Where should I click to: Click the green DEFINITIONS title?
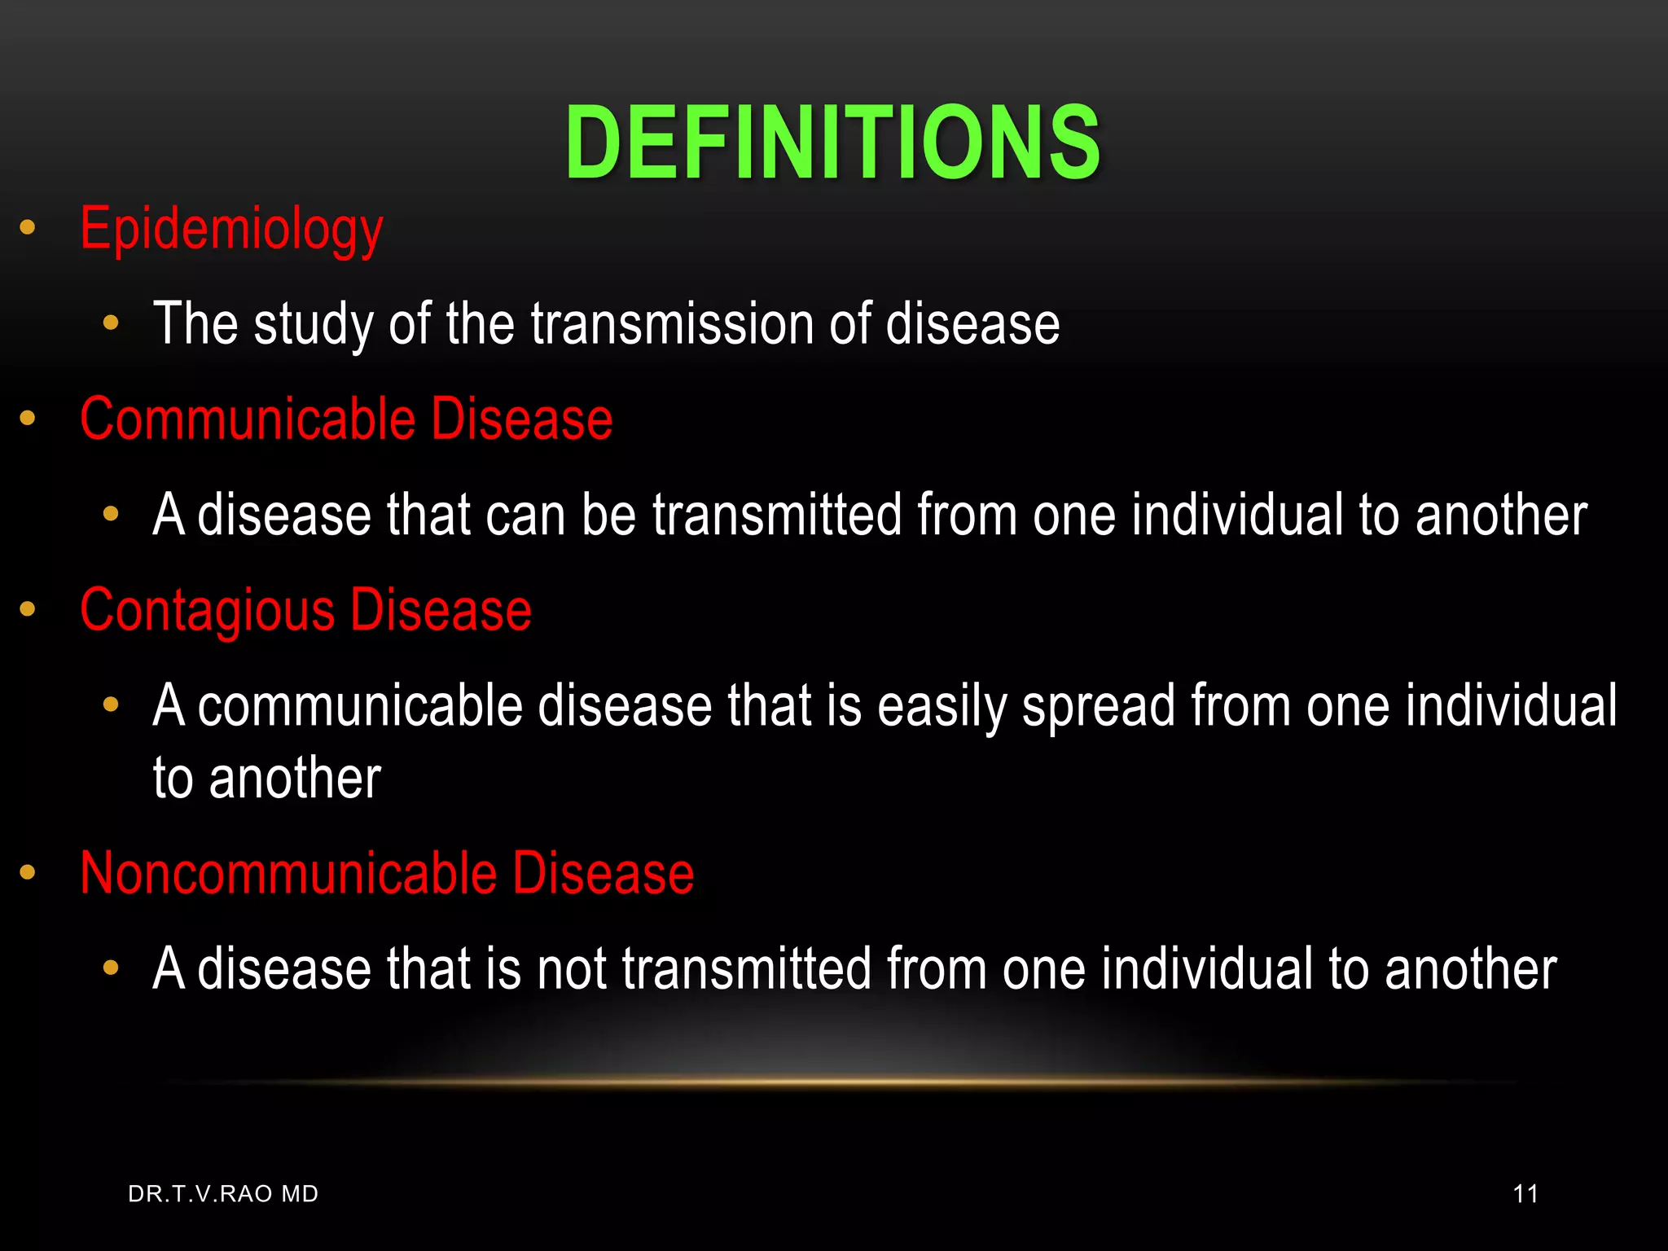click(x=832, y=143)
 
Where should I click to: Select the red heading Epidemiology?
click(x=231, y=230)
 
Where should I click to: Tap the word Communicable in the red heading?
click(x=248, y=419)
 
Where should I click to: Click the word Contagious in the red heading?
click(x=207, y=611)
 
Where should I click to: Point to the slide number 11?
click(x=1525, y=1194)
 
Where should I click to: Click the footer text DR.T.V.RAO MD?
click(x=223, y=1194)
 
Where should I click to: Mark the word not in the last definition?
click(x=572, y=969)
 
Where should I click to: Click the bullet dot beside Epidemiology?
click(x=28, y=228)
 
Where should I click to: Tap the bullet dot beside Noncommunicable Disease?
click(x=28, y=873)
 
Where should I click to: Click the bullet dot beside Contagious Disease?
click(x=28, y=609)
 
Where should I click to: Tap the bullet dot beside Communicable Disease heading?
click(x=28, y=419)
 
